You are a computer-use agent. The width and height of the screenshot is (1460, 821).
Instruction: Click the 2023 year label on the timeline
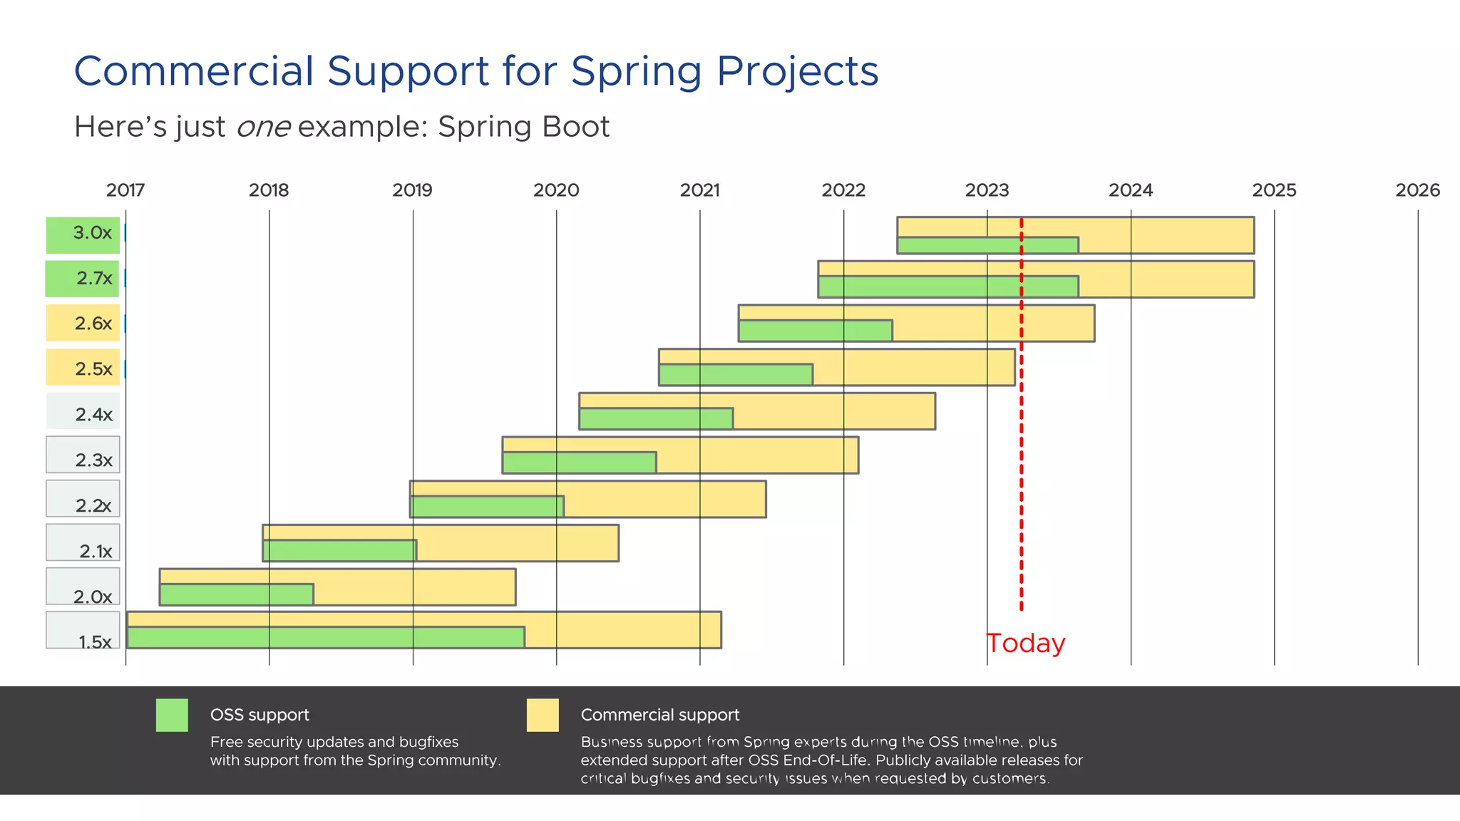tap(987, 190)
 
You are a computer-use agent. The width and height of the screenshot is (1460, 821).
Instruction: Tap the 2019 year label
tap(412, 190)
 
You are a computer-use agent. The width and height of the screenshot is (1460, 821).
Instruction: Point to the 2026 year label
tap(1417, 190)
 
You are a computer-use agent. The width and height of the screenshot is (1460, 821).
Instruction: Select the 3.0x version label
tap(92, 233)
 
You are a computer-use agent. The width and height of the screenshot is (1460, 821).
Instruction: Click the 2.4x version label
tap(93, 415)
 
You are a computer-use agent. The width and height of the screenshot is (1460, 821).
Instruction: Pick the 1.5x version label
tap(95, 642)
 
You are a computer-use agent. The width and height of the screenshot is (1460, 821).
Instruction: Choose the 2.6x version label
tap(93, 324)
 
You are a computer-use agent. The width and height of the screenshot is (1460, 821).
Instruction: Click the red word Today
tap(1026, 644)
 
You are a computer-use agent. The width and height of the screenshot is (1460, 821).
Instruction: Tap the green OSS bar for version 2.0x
tap(236, 594)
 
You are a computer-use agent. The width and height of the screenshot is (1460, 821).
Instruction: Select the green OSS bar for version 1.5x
tap(325, 637)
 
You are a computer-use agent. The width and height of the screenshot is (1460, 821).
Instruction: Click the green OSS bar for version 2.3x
tap(579, 463)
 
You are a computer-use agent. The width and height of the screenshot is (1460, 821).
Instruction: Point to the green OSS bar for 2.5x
tap(735, 375)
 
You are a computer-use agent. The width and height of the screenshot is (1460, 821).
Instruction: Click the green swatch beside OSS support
tap(172, 715)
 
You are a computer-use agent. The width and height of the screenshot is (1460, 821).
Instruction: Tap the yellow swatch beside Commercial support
tap(543, 715)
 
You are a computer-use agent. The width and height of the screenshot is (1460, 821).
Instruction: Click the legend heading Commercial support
tap(659, 715)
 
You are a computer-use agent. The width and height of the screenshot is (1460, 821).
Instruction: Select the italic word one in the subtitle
tap(263, 128)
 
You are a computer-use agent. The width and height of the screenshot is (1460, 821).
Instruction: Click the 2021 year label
tap(699, 190)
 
